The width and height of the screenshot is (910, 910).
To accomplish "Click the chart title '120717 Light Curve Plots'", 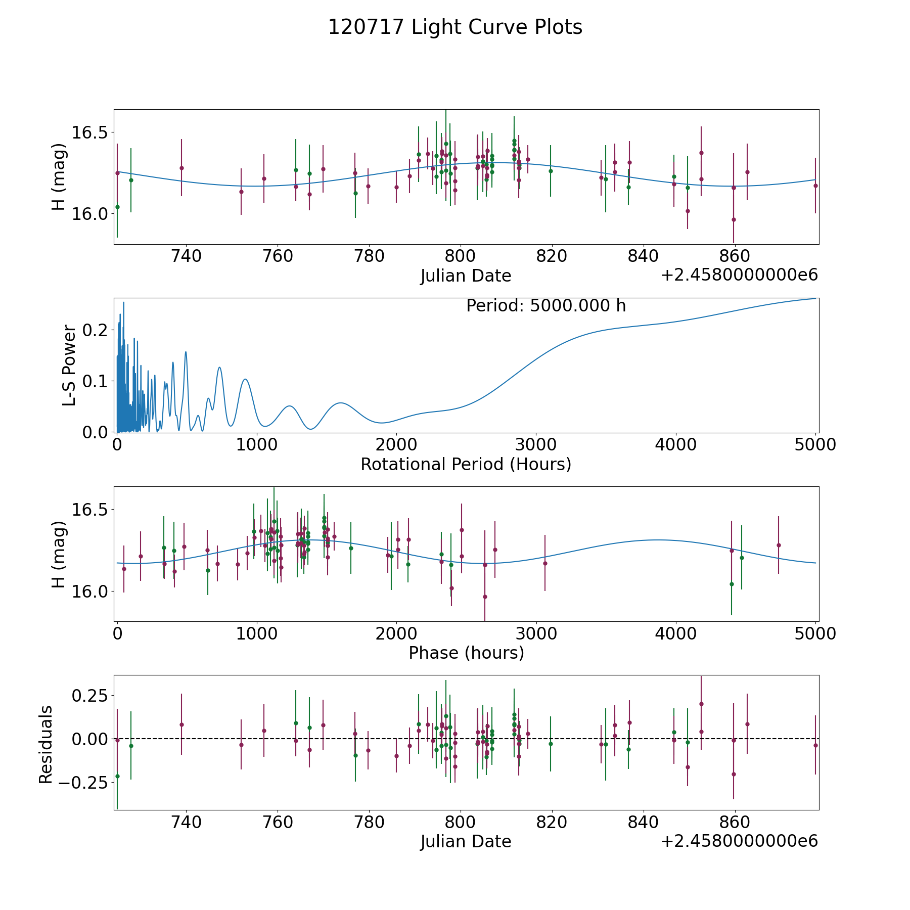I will pos(455,27).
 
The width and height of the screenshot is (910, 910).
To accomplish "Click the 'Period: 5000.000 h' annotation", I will pos(546,306).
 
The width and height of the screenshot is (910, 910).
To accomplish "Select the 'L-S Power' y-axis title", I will pos(70,365).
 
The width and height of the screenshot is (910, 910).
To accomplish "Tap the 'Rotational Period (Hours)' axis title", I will pos(466,464).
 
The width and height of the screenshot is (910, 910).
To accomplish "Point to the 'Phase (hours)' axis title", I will pos(466,653).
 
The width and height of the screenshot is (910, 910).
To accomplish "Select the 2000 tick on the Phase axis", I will pos(396,633).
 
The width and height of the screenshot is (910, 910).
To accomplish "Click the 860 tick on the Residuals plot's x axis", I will pos(734,822).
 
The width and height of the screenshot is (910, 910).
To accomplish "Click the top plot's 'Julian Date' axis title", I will pos(466,276).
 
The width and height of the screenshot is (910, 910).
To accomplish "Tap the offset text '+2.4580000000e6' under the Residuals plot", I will pos(739,841).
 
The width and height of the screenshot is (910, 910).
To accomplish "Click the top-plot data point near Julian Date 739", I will pos(181,168).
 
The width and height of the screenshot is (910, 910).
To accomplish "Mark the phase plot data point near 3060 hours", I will pos(545,563).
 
